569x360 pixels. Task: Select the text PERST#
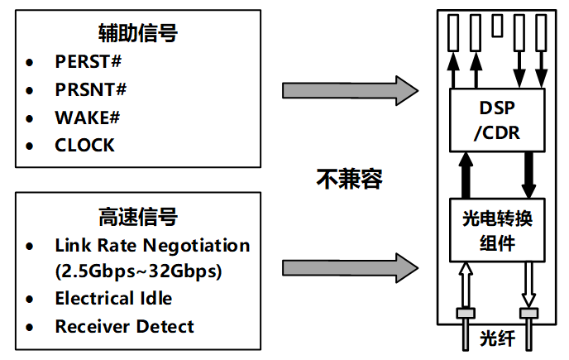[x=88, y=62]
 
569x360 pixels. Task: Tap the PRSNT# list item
[x=91, y=89]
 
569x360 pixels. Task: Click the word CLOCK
[x=84, y=145]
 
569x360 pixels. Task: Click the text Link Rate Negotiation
[x=152, y=246]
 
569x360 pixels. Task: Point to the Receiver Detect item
[x=124, y=326]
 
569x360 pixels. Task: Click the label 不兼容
[x=350, y=179]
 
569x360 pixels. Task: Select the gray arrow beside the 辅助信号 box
[x=348, y=90]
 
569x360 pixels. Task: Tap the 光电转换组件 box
[x=498, y=231]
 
